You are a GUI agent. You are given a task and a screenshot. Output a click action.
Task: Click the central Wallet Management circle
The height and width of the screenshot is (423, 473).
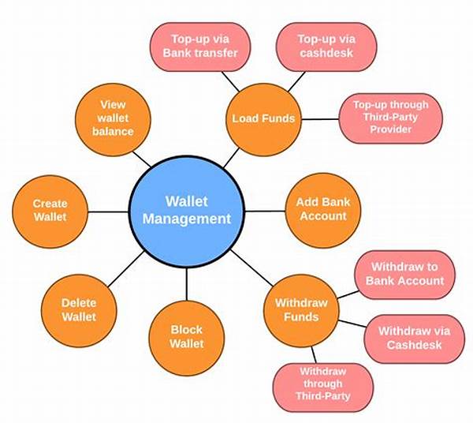click(x=198, y=209)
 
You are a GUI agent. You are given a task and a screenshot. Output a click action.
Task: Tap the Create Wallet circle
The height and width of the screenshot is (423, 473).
click(x=50, y=209)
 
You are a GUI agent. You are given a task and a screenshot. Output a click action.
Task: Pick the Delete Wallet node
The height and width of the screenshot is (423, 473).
click(x=79, y=310)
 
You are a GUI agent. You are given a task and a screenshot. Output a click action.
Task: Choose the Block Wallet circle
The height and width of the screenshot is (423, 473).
click(x=186, y=337)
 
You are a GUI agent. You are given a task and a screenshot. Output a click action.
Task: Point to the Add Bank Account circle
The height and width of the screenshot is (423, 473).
click(x=322, y=209)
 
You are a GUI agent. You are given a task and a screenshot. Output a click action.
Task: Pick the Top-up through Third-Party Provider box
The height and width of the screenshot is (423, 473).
click(x=390, y=118)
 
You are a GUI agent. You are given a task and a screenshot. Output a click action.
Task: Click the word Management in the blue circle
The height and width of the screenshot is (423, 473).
click(x=199, y=219)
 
